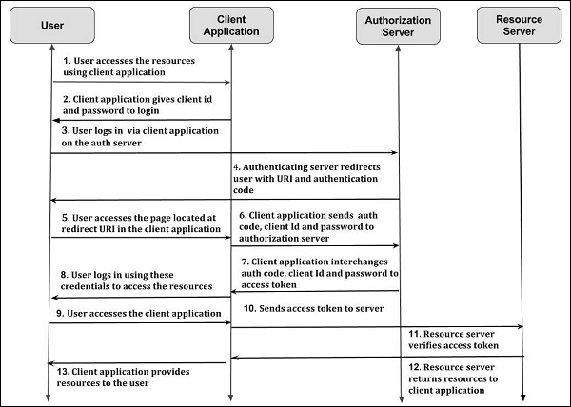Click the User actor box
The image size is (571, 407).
[54, 26]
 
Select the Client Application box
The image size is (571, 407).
[231, 26]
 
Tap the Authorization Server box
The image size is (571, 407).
[399, 26]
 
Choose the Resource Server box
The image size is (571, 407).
[520, 26]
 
